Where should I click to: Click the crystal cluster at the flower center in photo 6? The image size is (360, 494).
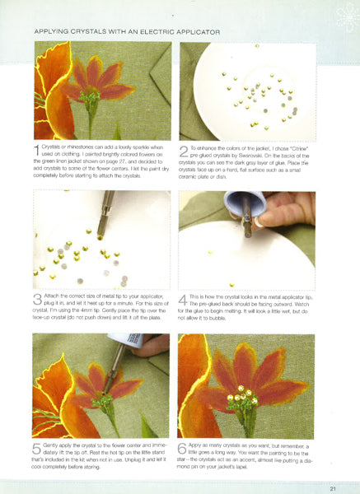[244, 395]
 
